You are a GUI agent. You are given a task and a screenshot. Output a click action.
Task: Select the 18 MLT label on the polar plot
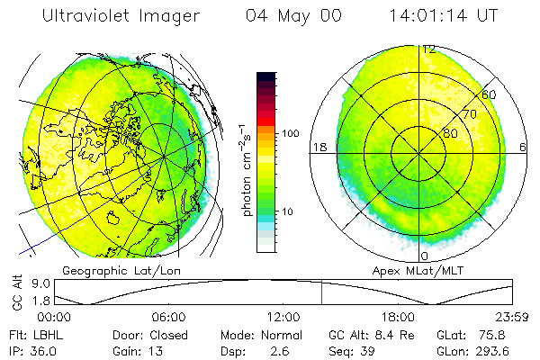(318, 146)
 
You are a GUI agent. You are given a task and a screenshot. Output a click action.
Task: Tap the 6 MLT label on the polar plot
(523, 146)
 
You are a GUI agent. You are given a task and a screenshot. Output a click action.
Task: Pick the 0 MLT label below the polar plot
(423, 244)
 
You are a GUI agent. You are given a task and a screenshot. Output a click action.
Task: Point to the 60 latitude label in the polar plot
(490, 94)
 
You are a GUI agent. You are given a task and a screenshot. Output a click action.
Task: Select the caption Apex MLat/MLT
(423, 270)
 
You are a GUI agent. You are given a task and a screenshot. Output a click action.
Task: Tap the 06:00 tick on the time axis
(168, 317)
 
